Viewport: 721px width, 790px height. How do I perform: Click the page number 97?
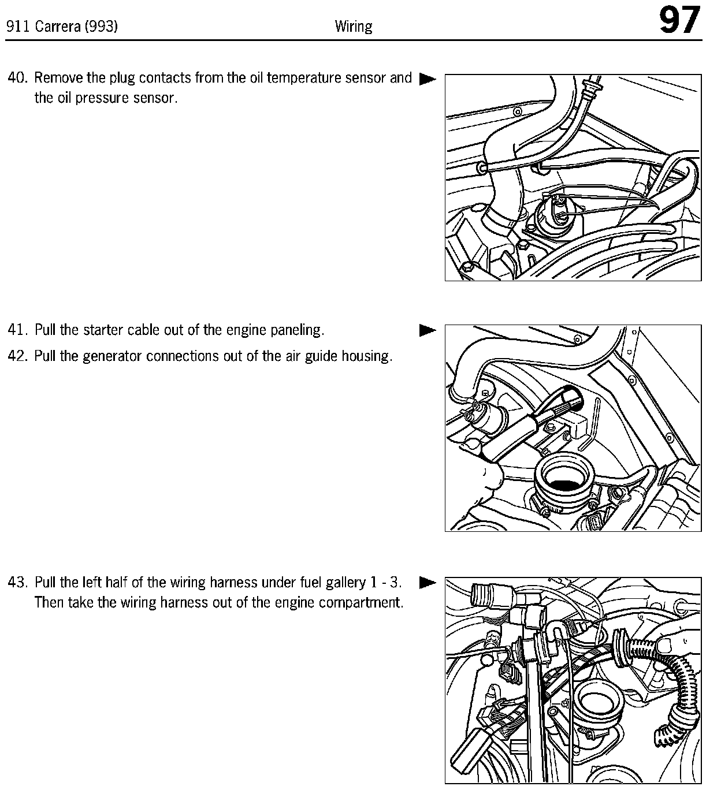coord(680,21)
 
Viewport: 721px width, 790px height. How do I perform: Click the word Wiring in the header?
coord(354,27)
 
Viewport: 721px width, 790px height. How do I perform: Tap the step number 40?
coord(18,78)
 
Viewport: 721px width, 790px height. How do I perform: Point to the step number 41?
coord(18,330)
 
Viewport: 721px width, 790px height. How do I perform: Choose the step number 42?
coord(18,356)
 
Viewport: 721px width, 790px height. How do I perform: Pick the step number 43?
coord(18,582)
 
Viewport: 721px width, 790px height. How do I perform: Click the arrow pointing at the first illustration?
coord(428,79)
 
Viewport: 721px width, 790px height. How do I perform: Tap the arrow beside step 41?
coord(428,330)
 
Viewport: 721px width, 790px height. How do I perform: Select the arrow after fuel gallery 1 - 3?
coord(428,582)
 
